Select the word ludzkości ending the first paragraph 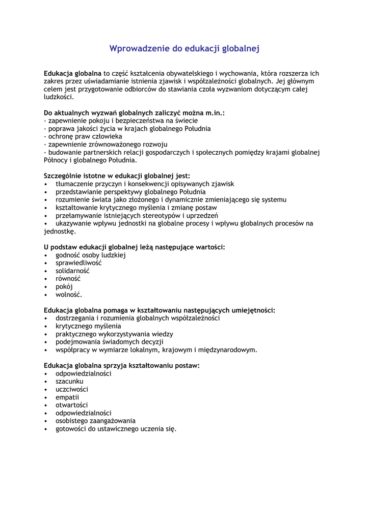pyautogui.click(x=59, y=97)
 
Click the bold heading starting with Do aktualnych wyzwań pyautogui.click(x=134, y=113)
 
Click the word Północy pyautogui.click(x=57, y=160)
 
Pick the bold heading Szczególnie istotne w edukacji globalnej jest pyautogui.click(x=117, y=176)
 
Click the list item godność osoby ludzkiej pyautogui.click(x=91, y=255)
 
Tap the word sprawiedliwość pyautogui.click(x=78, y=263)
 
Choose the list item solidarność pyautogui.click(x=72, y=271)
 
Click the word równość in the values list pyautogui.click(x=68, y=279)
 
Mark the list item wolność pyautogui.click(x=69, y=295)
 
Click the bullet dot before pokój pyautogui.click(x=46, y=287)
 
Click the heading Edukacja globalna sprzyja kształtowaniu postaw pyautogui.click(x=122, y=365)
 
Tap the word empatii pyautogui.click(x=67, y=397)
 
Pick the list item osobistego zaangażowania pyautogui.click(x=96, y=421)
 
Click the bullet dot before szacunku pyautogui.click(x=46, y=382)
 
